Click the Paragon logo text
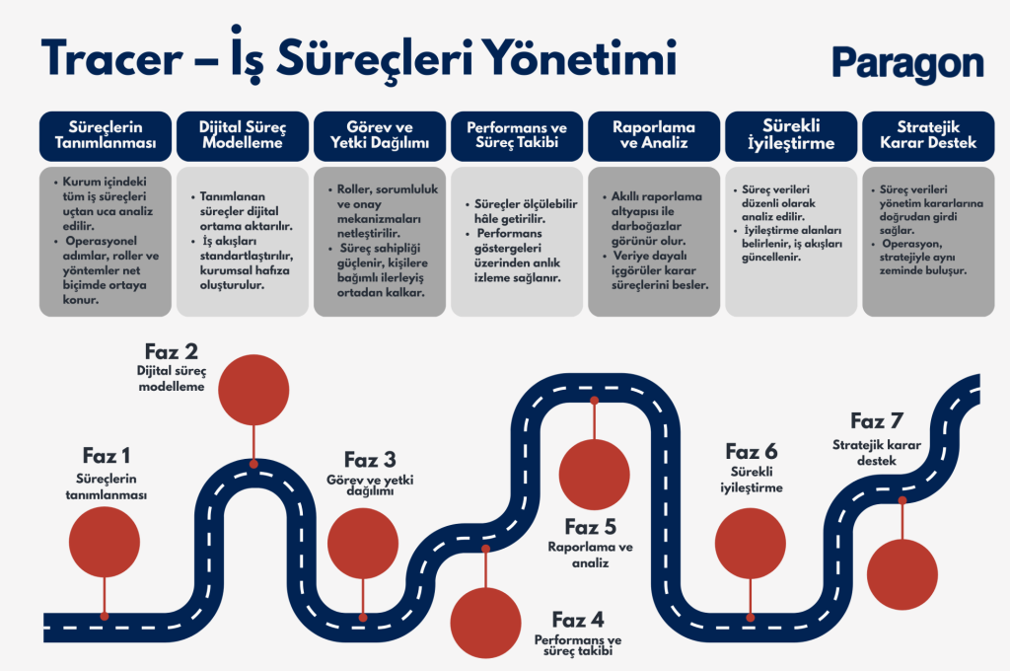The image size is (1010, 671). coord(907,62)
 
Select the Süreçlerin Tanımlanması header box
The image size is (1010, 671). coord(106,136)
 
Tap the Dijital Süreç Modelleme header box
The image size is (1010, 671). coord(242,136)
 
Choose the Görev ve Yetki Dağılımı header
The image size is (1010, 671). coord(380,136)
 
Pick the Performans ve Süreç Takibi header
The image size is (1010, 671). coord(516,136)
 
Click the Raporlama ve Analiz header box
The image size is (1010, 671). coord(653,136)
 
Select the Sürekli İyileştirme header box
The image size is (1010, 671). coord(791,136)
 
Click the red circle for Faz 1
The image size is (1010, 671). coord(105,544)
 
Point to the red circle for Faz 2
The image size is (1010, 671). coord(253,388)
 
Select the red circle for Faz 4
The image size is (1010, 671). coord(485,623)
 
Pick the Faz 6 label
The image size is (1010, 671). coord(752,452)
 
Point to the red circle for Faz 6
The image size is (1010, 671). coord(751,545)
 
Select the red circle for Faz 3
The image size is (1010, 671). coord(363,544)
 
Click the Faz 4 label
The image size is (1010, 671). coord(578,620)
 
